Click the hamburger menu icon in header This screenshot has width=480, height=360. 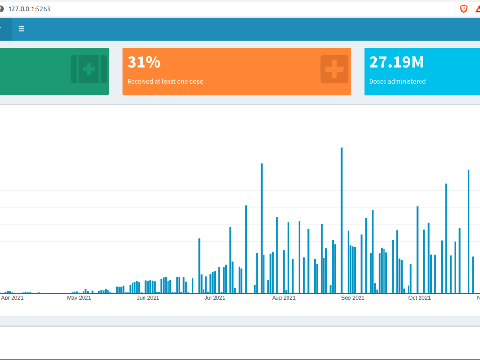pyautogui.click(x=22, y=29)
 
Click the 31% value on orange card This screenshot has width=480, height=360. pyautogui.click(x=144, y=62)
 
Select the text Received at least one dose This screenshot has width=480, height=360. pyautogui.click(x=165, y=82)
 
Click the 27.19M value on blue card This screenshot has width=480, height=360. pyautogui.click(x=396, y=62)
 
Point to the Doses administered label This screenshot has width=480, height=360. pyautogui.click(x=397, y=82)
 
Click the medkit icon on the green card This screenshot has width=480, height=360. pyautogui.click(x=88, y=69)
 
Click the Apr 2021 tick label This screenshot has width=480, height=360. pyautogui.click(x=12, y=298)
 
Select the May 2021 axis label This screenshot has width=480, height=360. pyautogui.click(x=79, y=298)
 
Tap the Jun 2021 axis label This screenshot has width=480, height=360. pyautogui.click(x=148, y=298)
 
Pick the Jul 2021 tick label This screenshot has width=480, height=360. pyautogui.click(x=215, y=298)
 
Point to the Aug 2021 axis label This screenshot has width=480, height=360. pyautogui.click(x=284, y=298)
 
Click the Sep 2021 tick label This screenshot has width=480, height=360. pyautogui.click(x=353, y=298)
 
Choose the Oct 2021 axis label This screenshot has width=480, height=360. pyautogui.click(x=420, y=298)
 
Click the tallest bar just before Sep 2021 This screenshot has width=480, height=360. pyautogui.click(x=342, y=221)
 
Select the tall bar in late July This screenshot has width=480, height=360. pyautogui.click(x=262, y=228)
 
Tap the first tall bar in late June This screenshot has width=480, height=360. pyautogui.click(x=199, y=265)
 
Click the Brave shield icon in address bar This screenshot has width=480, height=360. pyautogui.click(x=464, y=9)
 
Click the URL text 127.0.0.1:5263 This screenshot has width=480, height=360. pyautogui.click(x=29, y=9)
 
